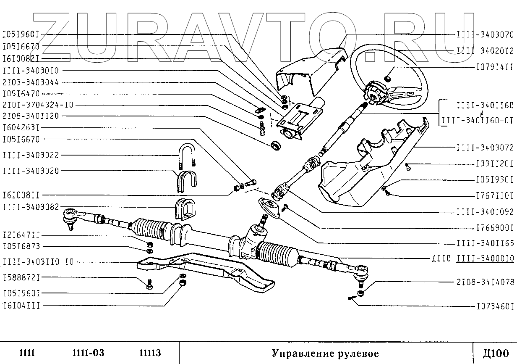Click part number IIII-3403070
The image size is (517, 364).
[485, 34]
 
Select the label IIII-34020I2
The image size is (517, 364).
[485, 50]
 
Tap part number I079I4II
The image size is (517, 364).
[494, 66]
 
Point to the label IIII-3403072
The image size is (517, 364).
[485, 148]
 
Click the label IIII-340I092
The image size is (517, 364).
[485, 212]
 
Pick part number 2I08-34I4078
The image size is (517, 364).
[485, 281]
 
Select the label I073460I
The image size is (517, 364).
[494, 306]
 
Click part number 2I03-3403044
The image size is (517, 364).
[31, 82]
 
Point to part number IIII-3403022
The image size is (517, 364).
[31, 155]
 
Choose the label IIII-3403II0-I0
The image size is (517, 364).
[38, 261]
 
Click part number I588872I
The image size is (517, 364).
[21, 277]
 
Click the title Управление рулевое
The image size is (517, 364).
[325, 353]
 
